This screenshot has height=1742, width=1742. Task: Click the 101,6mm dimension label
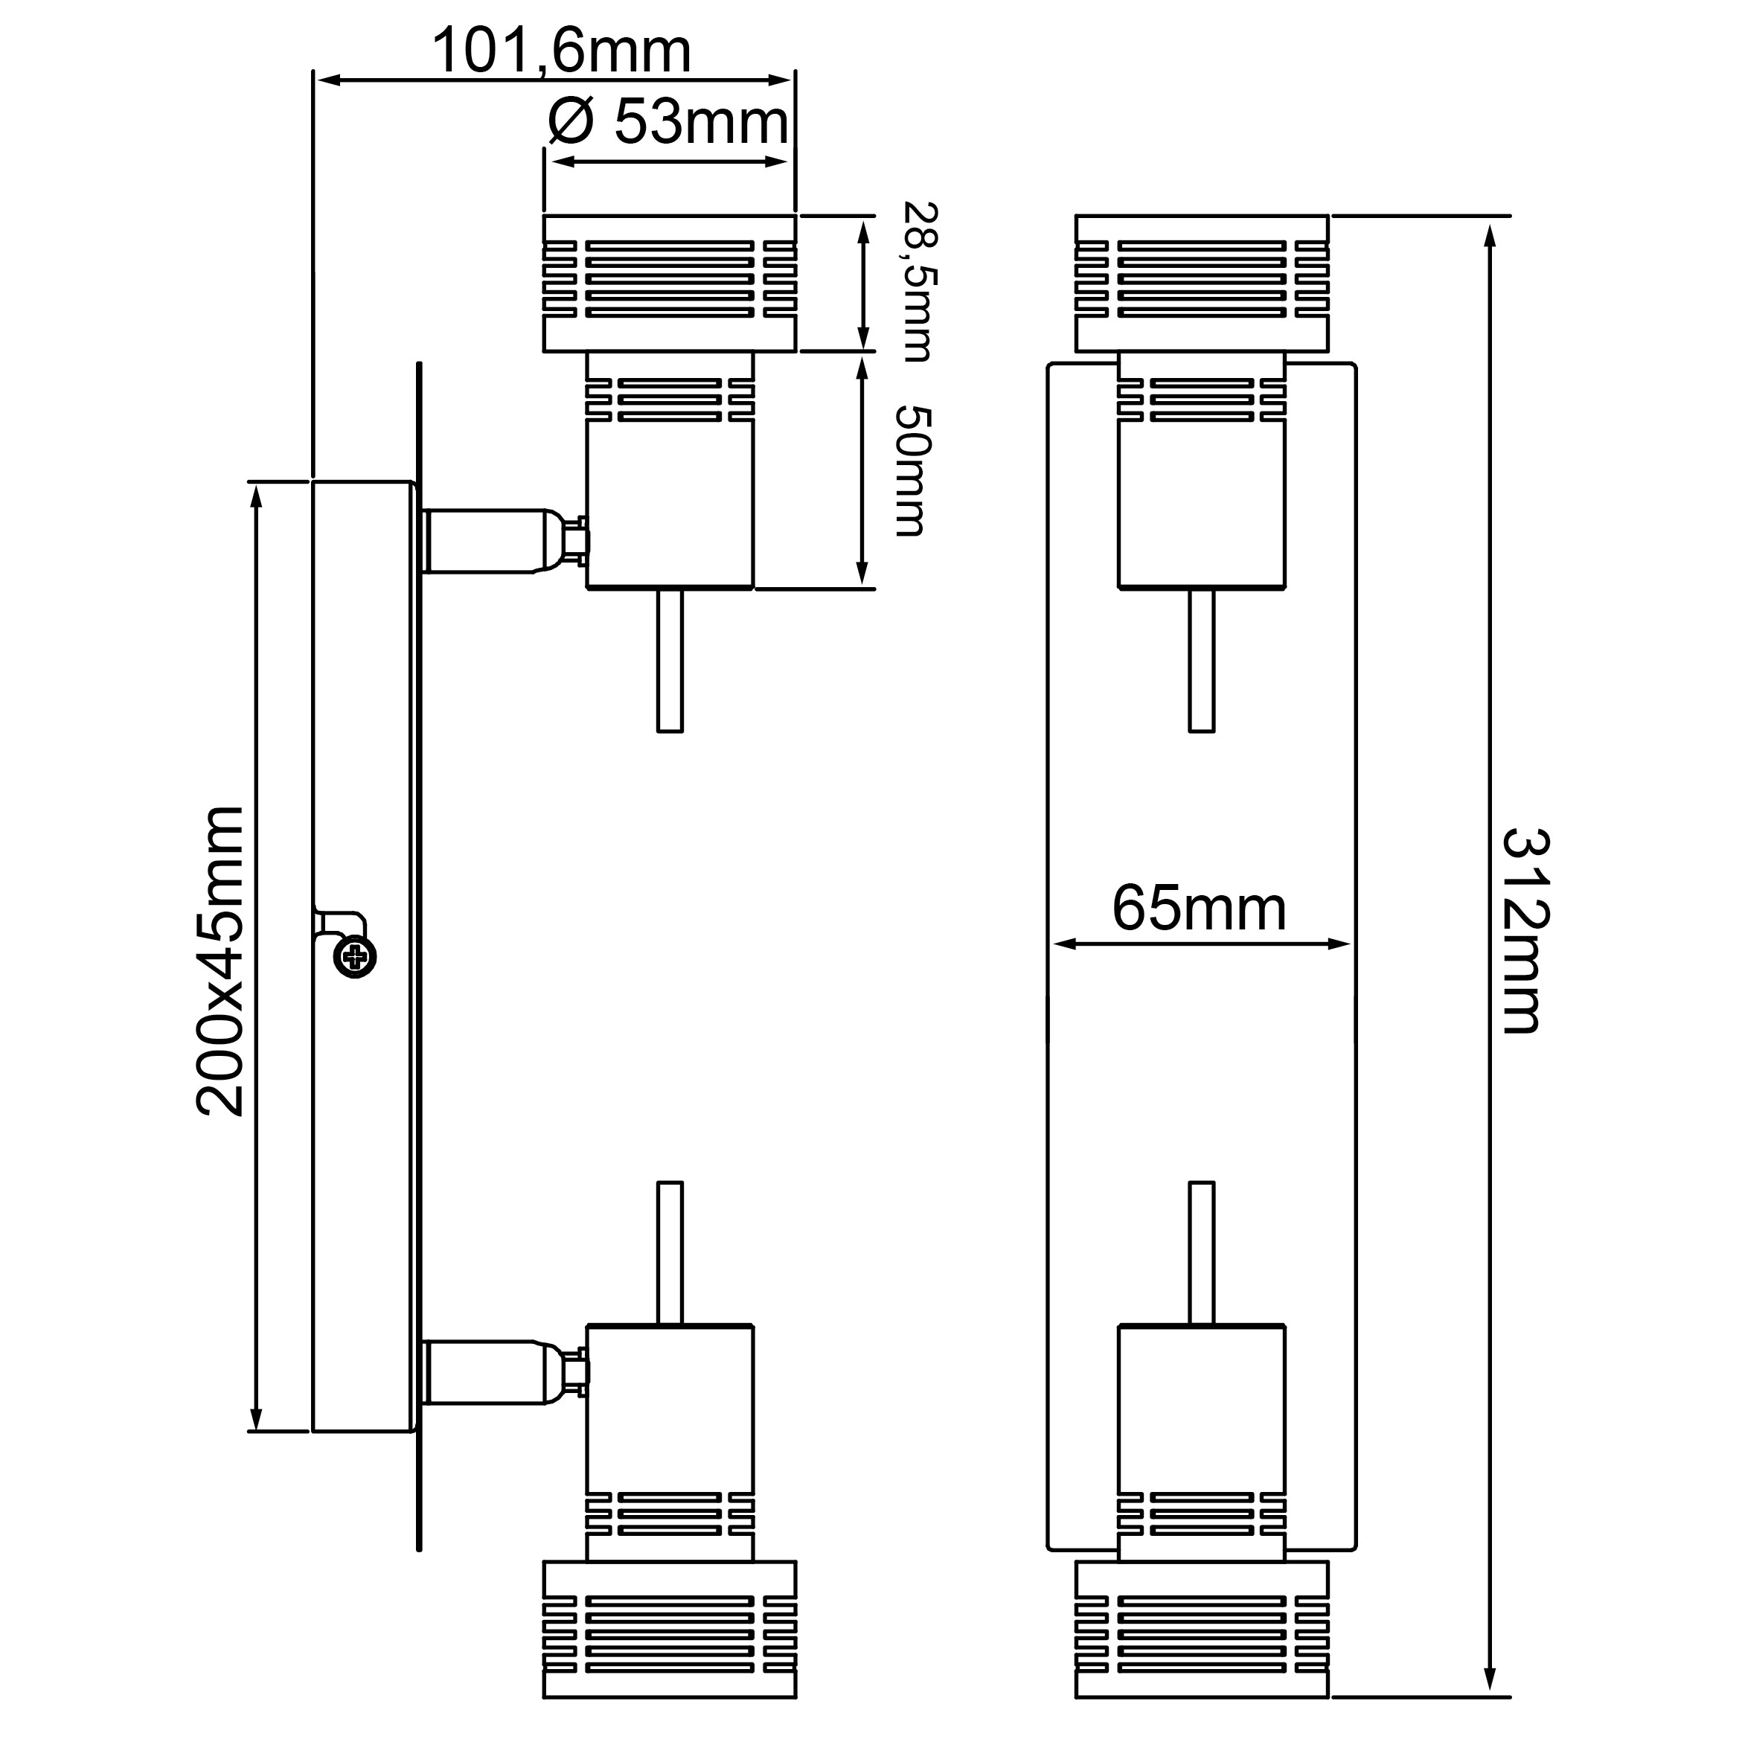click(x=561, y=51)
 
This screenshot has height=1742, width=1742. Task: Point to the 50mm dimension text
click(x=911, y=472)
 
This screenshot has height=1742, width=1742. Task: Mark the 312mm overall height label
click(x=1525, y=930)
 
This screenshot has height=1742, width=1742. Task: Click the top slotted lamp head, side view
click(x=669, y=282)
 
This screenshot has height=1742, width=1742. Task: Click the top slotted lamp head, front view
click(x=1201, y=282)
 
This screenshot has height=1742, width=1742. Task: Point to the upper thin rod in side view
click(x=669, y=660)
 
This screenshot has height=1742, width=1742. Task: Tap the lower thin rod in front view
click(x=1201, y=1253)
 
